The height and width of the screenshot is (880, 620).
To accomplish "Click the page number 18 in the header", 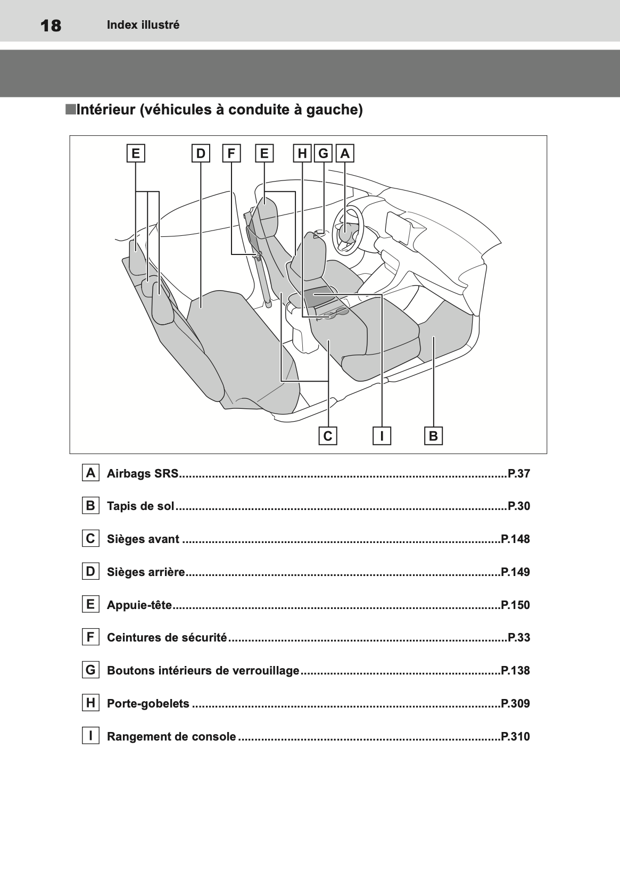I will click(x=51, y=26).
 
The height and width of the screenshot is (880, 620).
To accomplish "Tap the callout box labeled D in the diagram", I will click(x=201, y=154).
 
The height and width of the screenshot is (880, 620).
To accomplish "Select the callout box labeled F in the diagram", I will click(x=232, y=154).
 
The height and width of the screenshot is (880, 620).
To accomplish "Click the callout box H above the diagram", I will click(x=302, y=154).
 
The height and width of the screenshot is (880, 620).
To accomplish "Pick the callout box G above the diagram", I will click(x=323, y=154).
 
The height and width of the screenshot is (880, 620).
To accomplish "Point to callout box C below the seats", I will click(x=328, y=436).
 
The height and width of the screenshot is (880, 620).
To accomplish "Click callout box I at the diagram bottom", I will click(x=382, y=436).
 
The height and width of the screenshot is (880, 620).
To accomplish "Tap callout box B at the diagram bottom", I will click(x=433, y=436).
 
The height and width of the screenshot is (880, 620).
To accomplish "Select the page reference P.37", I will click(x=519, y=474).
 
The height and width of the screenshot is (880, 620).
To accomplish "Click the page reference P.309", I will click(x=515, y=704).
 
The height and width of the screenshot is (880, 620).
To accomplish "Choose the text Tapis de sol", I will click(x=140, y=506).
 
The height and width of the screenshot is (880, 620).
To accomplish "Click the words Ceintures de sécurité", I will click(x=167, y=638).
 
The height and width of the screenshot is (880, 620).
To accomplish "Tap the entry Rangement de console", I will click(x=171, y=737).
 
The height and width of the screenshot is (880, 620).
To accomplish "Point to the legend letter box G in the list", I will click(x=90, y=670).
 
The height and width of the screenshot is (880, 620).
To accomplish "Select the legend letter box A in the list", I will click(x=90, y=473).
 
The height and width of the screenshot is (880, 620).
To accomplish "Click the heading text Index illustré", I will click(x=143, y=25).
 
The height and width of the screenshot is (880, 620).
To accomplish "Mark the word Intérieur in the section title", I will click(x=105, y=110).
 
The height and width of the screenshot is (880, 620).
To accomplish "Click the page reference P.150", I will click(x=515, y=605).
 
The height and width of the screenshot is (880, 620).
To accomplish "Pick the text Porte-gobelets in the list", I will click(x=148, y=704).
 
